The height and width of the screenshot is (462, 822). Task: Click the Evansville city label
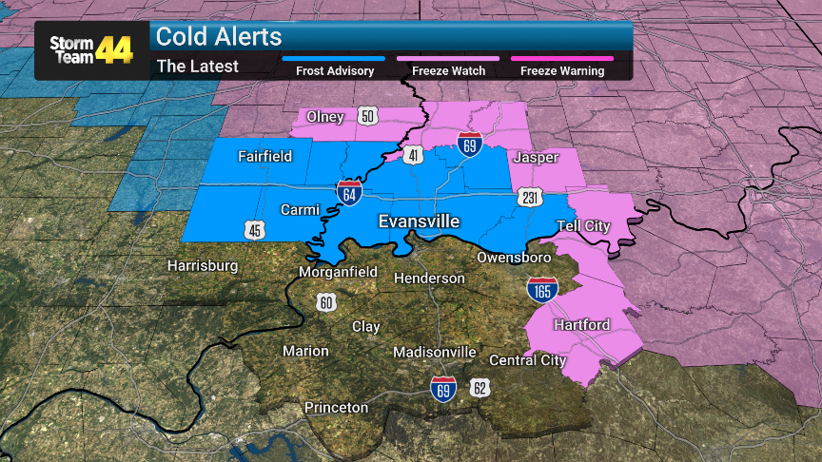[x=419, y=221]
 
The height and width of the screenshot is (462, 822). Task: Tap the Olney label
[x=324, y=116]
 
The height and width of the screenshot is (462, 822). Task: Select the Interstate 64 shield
[x=348, y=193]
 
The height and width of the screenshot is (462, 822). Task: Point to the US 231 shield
[x=531, y=198]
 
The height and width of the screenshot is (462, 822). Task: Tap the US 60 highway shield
[x=326, y=302]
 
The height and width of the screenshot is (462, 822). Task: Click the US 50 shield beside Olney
[x=368, y=116]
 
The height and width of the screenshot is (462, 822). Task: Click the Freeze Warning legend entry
[x=561, y=70]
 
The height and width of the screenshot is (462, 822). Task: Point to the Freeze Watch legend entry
[x=448, y=70]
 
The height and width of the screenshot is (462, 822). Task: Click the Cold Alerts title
[x=219, y=36]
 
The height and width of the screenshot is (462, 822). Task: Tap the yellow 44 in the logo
[x=114, y=49]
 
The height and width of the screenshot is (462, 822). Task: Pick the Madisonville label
[x=435, y=352]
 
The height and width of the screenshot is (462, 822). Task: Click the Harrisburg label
[x=203, y=265]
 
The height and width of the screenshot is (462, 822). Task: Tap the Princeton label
[x=336, y=408]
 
